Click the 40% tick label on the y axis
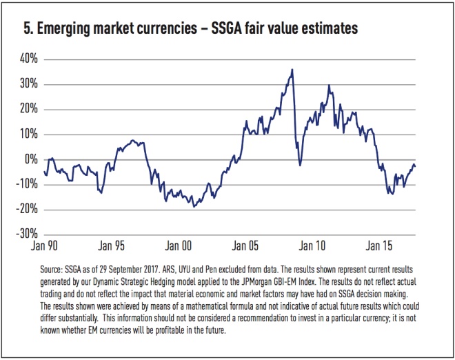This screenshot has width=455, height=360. coord(27,59)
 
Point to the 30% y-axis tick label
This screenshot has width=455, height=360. coord(27,84)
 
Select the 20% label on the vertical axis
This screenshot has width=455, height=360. coord(27,109)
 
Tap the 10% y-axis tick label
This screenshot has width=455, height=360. coord(27,134)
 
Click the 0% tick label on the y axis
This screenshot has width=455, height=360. coord(30,159)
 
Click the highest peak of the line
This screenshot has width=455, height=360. coord(292,69)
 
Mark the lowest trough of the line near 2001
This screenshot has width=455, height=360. coord(194,206)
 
